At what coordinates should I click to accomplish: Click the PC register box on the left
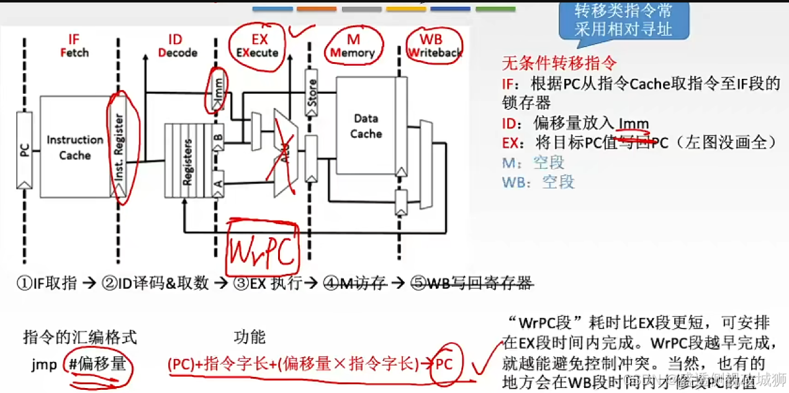click(x=24, y=150)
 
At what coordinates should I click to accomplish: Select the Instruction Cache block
click(x=74, y=148)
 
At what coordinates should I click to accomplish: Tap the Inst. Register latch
click(x=119, y=149)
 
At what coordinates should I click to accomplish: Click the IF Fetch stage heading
click(x=74, y=46)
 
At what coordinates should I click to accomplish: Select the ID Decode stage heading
click(x=177, y=46)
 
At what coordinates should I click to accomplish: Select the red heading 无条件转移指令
click(x=550, y=63)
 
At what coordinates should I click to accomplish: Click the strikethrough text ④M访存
click(x=355, y=283)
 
